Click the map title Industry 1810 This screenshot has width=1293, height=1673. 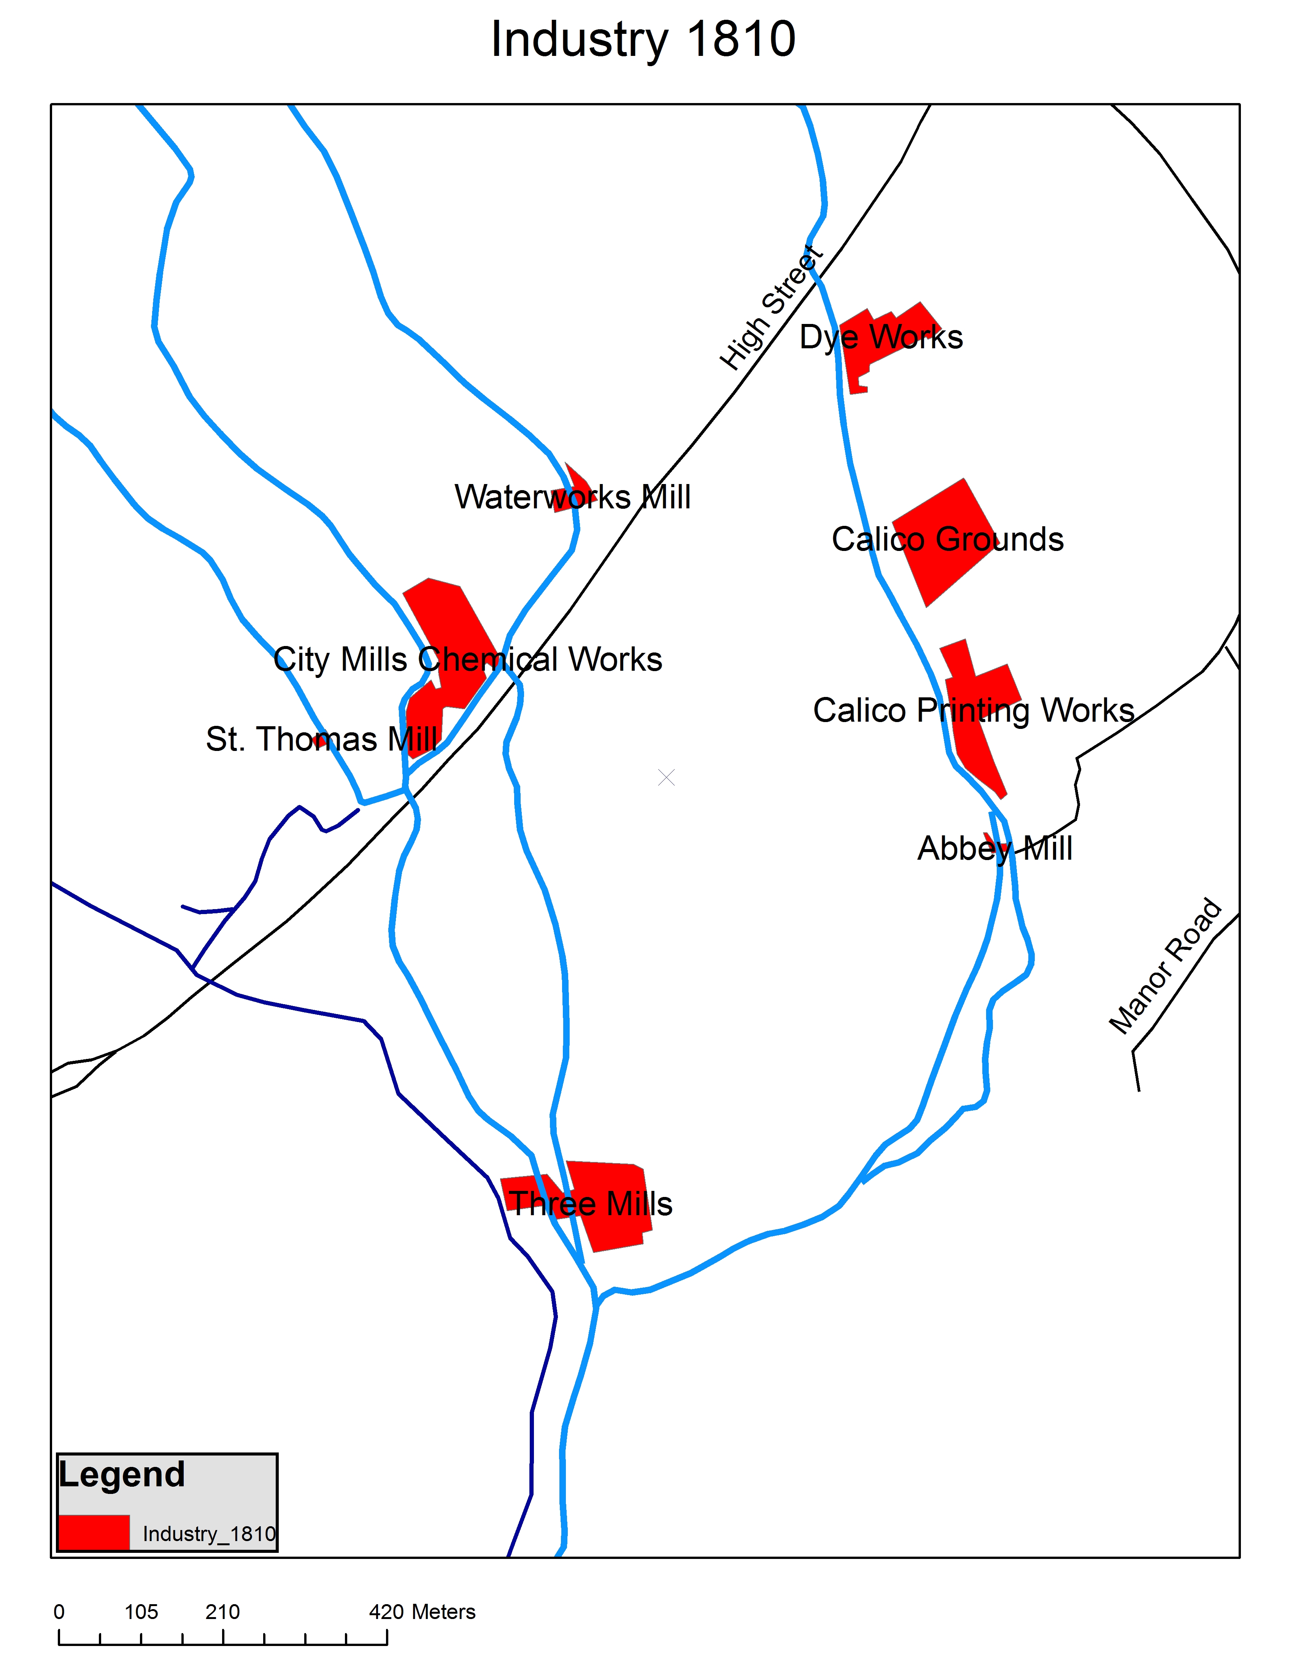point(643,40)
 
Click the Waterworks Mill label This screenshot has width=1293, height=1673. point(572,497)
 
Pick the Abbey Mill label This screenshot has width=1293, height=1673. point(994,849)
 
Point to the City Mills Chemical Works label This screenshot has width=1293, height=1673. point(467,660)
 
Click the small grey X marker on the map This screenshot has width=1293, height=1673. point(666,778)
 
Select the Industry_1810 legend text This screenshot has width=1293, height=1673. point(208,1534)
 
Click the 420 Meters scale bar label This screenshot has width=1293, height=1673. point(422,1613)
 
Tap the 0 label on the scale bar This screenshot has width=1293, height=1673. point(59,1613)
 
